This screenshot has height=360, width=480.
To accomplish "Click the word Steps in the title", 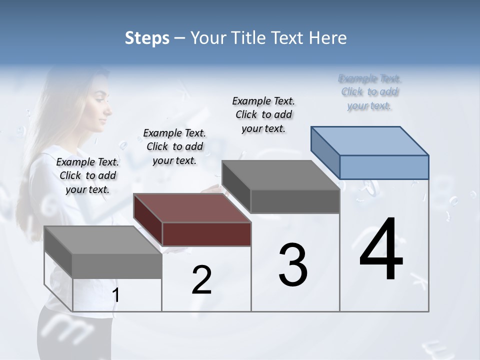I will (x=147, y=38).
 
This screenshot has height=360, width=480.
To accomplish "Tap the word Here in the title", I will (x=327, y=38).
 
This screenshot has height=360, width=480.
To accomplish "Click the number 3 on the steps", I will (x=293, y=264).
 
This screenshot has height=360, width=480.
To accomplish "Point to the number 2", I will (x=201, y=280).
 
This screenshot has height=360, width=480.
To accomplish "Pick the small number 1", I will (x=116, y=295).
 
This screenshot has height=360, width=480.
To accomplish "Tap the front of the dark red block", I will (x=206, y=234).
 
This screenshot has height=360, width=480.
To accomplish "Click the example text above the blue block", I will (x=370, y=92).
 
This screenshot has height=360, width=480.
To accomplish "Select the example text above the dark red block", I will (x=174, y=146).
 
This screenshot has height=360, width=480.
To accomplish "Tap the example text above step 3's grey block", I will (x=263, y=114).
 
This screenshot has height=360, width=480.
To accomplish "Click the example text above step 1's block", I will (x=87, y=175).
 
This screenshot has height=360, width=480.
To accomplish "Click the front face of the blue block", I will (x=384, y=167).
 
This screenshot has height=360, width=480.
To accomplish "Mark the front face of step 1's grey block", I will (x=117, y=266).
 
